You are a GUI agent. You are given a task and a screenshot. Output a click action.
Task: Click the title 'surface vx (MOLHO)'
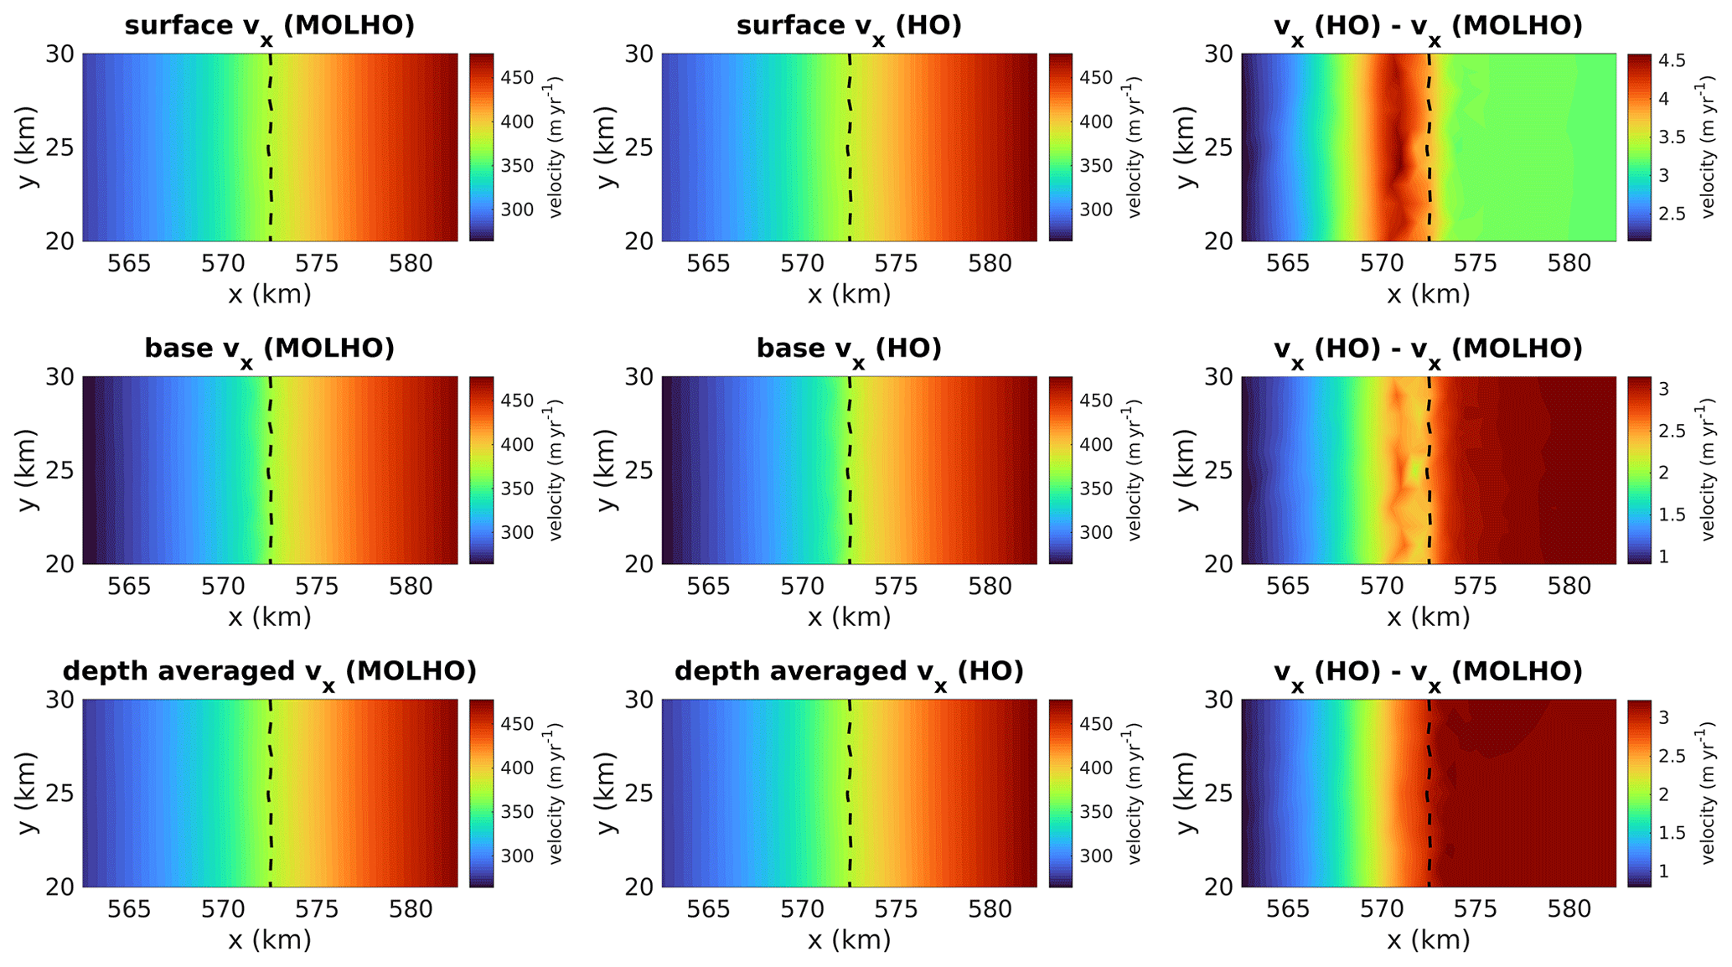269,26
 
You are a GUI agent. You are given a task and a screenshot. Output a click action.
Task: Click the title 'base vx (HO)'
849,349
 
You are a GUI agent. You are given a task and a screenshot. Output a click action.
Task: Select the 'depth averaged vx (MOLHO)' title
269,671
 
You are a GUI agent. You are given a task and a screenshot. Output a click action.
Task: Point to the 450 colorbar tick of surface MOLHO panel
517,78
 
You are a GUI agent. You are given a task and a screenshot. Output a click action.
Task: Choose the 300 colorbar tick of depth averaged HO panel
1097,856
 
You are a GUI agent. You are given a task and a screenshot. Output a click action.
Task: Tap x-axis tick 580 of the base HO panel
990,587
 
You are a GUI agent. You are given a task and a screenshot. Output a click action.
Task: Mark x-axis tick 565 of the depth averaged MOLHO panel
129,909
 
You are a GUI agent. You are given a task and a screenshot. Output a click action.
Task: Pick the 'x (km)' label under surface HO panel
849,294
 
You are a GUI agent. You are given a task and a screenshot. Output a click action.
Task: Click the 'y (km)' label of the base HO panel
607,470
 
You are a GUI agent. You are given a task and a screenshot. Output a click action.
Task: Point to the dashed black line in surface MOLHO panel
270,147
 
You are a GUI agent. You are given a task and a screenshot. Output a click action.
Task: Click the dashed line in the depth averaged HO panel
850,793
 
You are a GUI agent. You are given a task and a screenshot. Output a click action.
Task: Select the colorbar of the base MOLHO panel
481,470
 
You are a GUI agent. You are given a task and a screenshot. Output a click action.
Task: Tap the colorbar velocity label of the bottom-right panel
1709,793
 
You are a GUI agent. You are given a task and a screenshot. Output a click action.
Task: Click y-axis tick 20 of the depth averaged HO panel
640,887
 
